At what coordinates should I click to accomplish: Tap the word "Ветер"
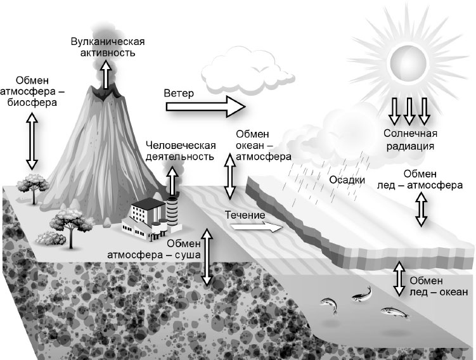[x=179, y=93]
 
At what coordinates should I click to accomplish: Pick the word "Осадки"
[x=348, y=180]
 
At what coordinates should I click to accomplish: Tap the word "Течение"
[x=245, y=215]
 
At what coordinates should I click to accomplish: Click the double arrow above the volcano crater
[x=105, y=79]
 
